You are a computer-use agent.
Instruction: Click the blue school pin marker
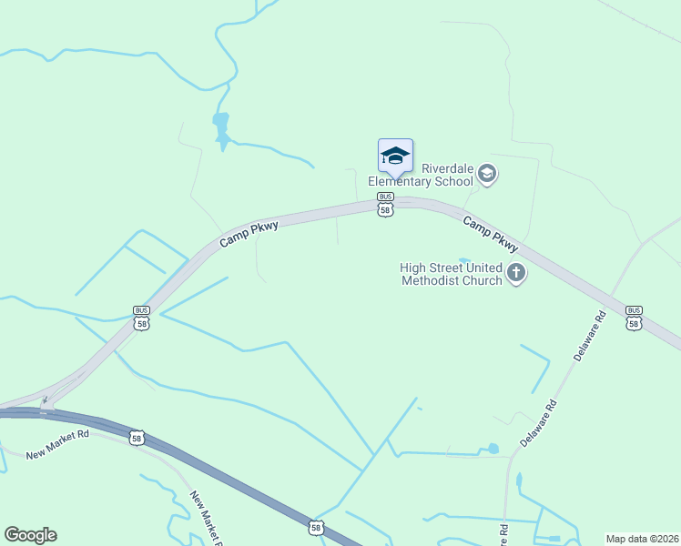pos(395,157)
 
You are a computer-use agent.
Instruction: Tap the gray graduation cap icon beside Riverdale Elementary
pos(487,174)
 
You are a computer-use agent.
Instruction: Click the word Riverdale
pos(447,168)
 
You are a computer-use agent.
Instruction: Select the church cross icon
pos(516,272)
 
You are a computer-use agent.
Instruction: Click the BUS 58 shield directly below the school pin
pos(385,205)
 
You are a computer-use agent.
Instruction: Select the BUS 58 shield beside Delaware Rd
pos(634,317)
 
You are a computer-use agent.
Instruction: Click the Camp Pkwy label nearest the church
pos(490,234)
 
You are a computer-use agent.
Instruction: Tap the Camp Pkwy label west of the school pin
pos(248,234)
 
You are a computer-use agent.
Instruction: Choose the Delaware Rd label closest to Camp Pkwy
pos(588,338)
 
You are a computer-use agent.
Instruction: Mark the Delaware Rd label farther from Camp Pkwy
pos(538,423)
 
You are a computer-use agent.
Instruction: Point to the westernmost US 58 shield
pos(136,439)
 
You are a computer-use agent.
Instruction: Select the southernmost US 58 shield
pos(316,527)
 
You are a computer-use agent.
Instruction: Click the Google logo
pos(30,535)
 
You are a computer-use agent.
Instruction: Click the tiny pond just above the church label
pos(464,259)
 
